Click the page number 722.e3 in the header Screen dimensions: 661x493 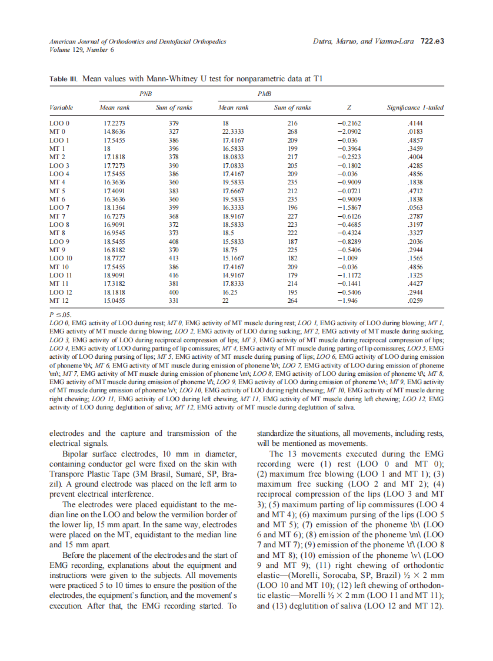click(x=432, y=42)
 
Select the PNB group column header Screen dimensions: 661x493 click(x=145, y=93)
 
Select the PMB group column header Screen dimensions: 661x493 click(x=264, y=93)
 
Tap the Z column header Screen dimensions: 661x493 click(x=349, y=107)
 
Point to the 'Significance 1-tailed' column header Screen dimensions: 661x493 click(x=415, y=107)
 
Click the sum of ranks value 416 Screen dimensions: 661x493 click(x=173, y=275)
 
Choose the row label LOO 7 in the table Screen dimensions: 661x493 click(x=60, y=209)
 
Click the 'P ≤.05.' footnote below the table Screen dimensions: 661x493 click(x=61, y=315)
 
